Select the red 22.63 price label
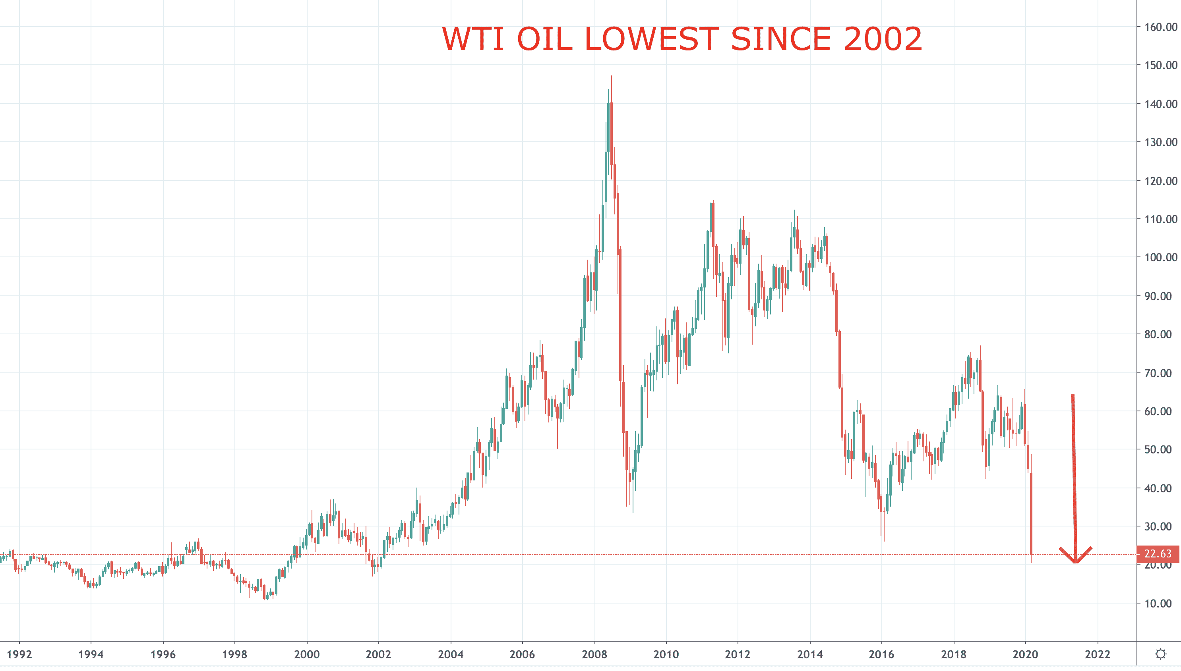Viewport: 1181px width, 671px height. (1158, 553)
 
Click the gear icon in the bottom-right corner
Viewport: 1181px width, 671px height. (1160, 654)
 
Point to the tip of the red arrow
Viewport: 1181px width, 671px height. (1075, 563)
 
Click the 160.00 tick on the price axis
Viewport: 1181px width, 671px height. (1161, 27)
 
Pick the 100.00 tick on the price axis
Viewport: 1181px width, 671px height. (1161, 257)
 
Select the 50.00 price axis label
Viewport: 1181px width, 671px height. (1161, 449)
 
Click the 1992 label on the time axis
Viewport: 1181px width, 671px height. (19, 654)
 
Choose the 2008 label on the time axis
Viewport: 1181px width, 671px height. (594, 654)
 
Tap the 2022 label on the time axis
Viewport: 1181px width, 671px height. (1098, 654)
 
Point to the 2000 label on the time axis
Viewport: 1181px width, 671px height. (307, 654)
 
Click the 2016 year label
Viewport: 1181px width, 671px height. (882, 654)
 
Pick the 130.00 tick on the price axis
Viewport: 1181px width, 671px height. (1161, 142)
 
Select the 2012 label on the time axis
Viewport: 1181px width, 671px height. (738, 654)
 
